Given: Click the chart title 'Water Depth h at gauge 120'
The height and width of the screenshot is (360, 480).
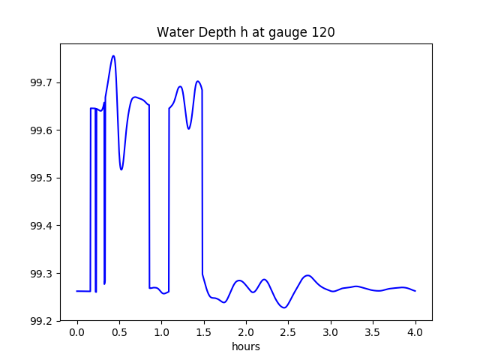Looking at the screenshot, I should pyautogui.click(x=245, y=32).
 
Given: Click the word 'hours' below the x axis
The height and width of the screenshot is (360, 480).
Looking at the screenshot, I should pyautogui.click(x=245, y=347).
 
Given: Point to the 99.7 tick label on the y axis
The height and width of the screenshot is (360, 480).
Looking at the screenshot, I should pyautogui.click(x=40, y=82).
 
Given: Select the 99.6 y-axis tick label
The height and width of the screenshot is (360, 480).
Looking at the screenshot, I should pyautogui.click(x=40, y=130).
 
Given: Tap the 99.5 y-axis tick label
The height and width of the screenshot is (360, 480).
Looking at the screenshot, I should pyautogui.click(x=40, y=178).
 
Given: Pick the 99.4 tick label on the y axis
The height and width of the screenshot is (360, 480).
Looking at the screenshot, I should pyautogui.click(x=40, y=226).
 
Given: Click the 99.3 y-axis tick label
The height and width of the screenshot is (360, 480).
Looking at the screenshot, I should pyautogui.click(x=40, y=274).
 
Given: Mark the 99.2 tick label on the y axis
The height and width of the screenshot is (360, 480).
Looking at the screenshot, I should pyautogui.click(x=40, y=321).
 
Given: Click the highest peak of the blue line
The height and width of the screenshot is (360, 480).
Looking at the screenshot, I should pyautogui.click(x=113, y=55).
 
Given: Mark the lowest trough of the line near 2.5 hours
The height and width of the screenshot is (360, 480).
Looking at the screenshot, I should pyautogui.click(x=283, y=307).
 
